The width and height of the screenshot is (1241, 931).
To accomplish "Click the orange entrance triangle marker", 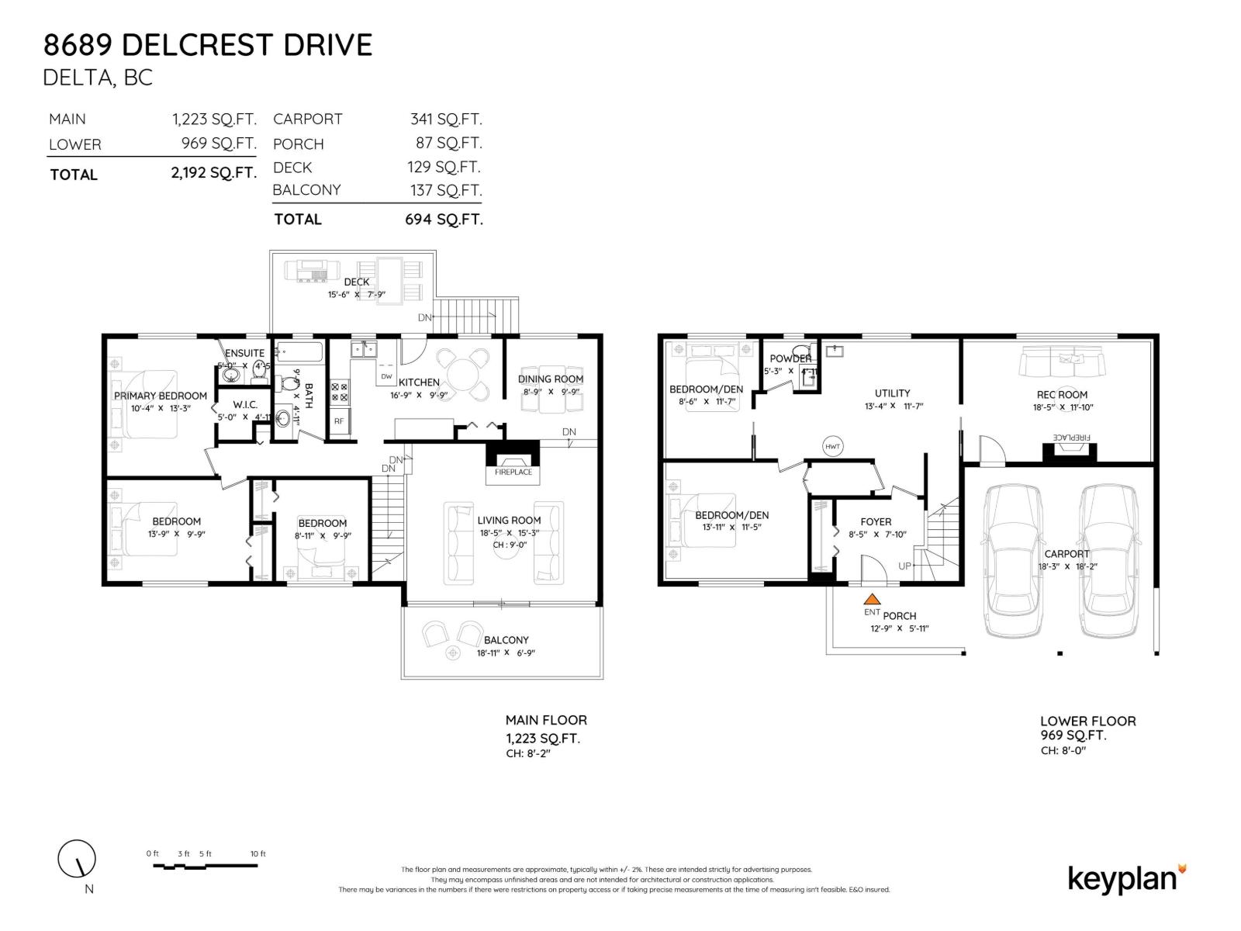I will click(x=872, y=599).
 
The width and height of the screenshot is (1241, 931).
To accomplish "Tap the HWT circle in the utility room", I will click(x=832, y=446).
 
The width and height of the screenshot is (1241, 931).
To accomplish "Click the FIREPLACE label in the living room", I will click(x=513, y=472).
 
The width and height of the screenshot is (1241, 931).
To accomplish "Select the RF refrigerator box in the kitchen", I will click(x=339, y=421).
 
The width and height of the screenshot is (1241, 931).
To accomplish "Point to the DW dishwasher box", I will click(x=386, y=376).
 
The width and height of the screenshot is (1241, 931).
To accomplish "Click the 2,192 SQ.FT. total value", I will click(x=213, y=173).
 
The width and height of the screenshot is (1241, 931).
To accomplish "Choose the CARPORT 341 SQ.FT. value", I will click(x=446, y=119).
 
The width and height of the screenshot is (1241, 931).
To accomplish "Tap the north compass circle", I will click(x=77, y=859).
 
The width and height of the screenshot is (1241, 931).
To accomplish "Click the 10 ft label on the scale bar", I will click(x=258, y=853).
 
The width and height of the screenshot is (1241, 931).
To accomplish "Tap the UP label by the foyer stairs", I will click(x=904, y=566).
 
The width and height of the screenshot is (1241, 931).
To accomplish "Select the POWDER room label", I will click(x=790, y=358).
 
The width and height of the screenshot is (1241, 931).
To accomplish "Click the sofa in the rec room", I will click(x=1062, y=361).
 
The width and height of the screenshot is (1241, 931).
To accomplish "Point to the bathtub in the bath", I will click(x=299, y=352).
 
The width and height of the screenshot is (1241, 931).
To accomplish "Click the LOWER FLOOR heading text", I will click(x=1087, y=721).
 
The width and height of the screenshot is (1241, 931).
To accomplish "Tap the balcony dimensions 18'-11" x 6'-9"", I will click(x=506, y=652).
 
